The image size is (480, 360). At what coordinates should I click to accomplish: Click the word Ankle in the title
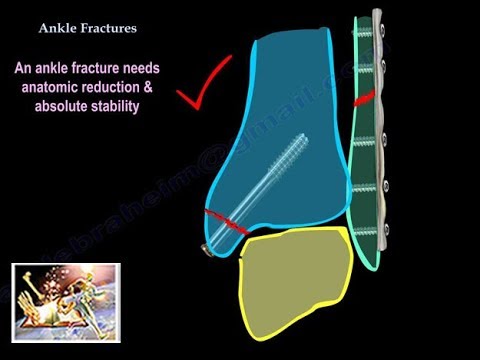click(x=58, y=29)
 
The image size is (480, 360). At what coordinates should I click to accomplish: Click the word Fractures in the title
click(x=105, y=29)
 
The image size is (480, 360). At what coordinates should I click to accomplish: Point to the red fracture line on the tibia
click(x=226, y=223)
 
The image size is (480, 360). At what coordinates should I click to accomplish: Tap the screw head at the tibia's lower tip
click(x=207, y=246)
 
